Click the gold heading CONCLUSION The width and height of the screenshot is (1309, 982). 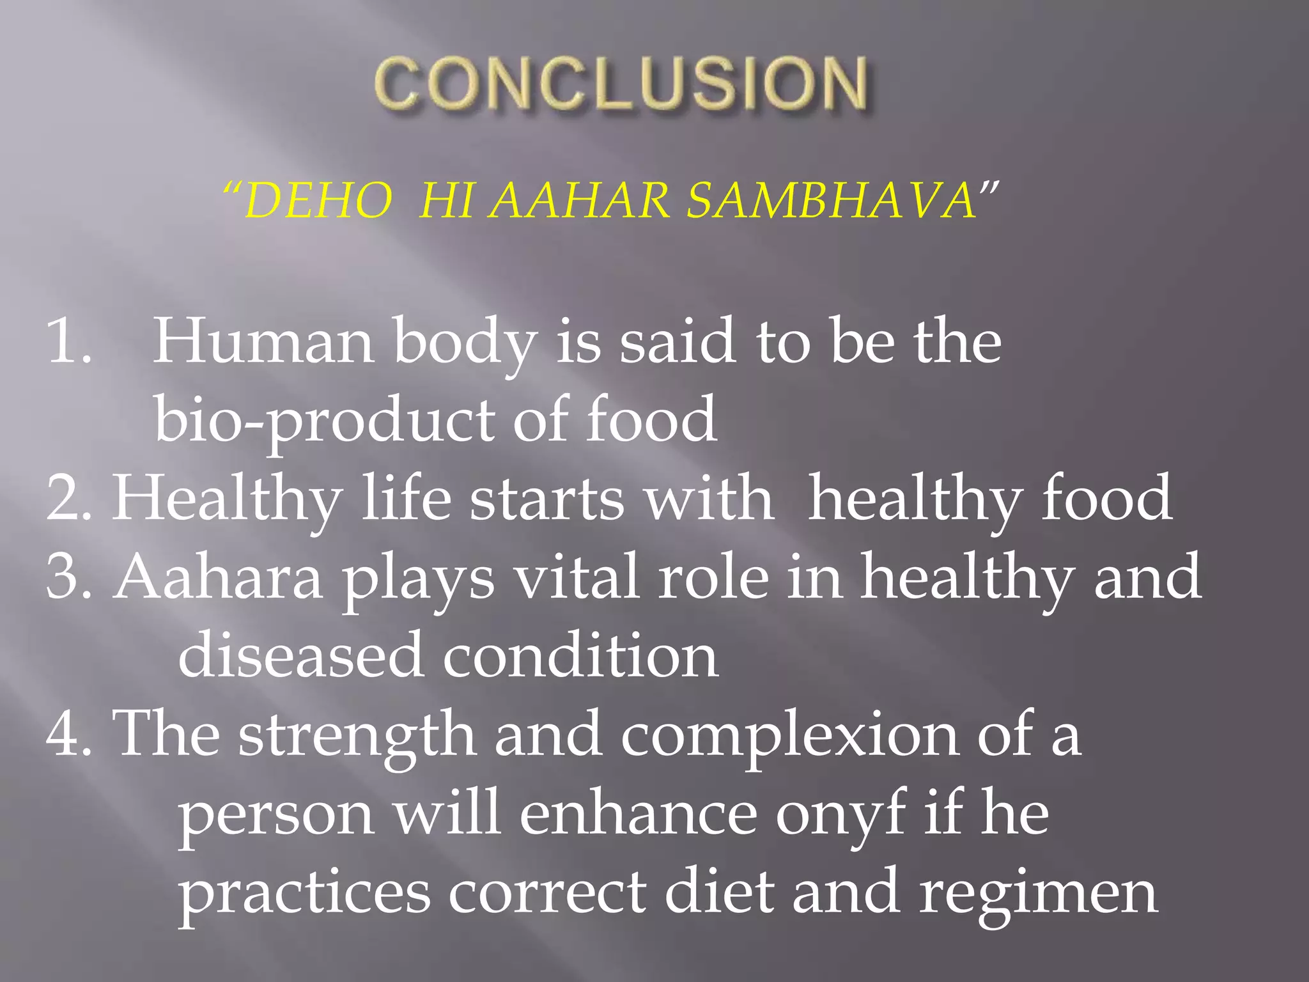pos(620,83)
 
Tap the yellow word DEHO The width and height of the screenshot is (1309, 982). pos(318,201)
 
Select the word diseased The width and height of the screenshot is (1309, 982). pos(300,655)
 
